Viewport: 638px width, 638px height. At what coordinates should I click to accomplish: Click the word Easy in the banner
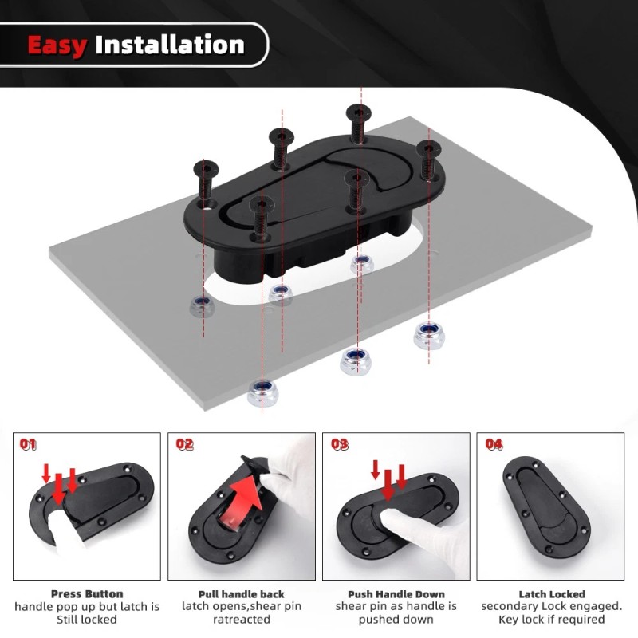(57, 45)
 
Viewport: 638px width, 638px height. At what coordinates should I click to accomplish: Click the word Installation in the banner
(169, 45)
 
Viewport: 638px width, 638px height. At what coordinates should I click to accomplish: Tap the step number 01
(28, 444)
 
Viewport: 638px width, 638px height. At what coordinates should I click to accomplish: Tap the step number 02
(184, 444)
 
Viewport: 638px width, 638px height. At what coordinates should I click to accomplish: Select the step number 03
(339, 444)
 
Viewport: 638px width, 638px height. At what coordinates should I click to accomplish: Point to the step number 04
(494, 444)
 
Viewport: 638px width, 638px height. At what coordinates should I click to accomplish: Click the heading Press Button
(87, 594)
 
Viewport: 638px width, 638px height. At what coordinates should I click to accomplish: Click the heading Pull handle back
(241, 594)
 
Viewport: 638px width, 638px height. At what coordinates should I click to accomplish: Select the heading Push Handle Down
(396, 594)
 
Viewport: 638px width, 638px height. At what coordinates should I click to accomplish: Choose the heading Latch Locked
(551, 594)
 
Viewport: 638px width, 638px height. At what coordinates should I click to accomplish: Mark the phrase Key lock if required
(551, 620)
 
